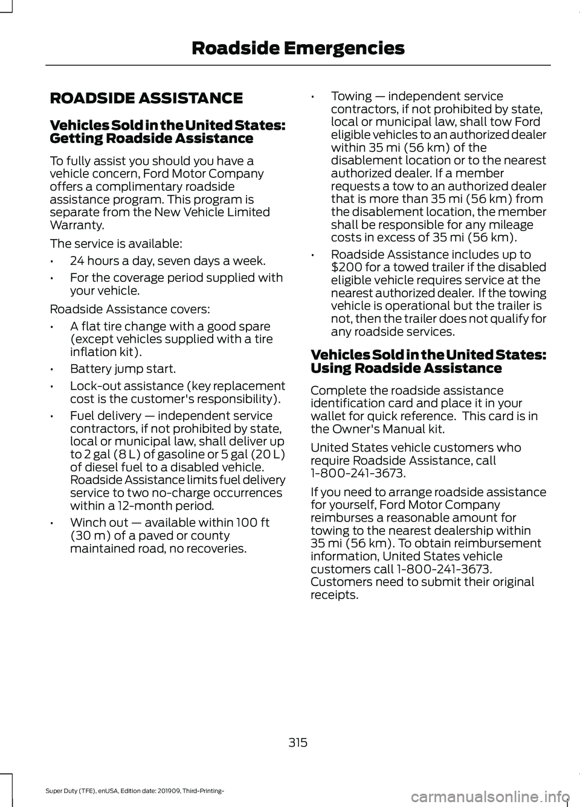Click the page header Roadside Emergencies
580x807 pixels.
298,48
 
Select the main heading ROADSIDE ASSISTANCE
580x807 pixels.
146,98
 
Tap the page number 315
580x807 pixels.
298,742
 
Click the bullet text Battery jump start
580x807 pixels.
123,369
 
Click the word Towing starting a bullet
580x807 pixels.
352,96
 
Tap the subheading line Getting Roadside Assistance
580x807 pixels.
152,138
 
